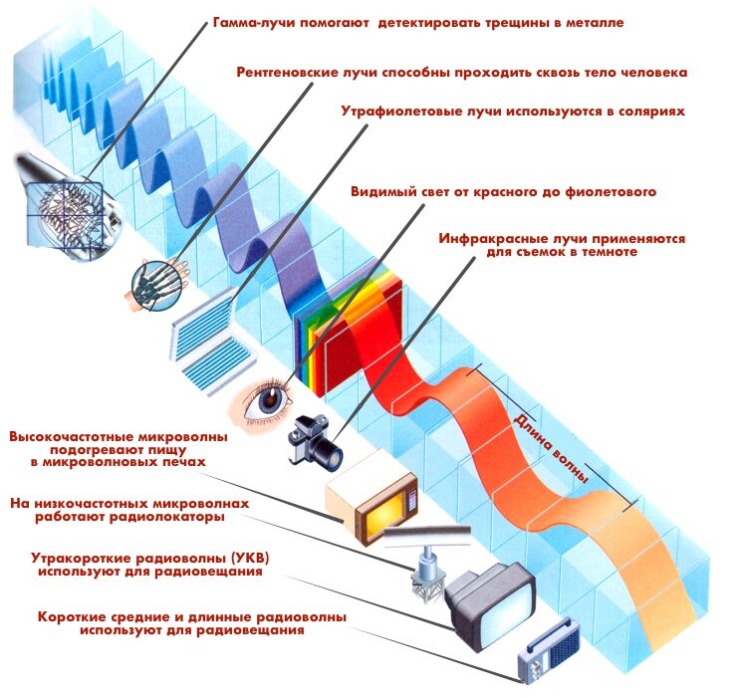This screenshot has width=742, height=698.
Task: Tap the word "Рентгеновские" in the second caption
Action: [290, 73]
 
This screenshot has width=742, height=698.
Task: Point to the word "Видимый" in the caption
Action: [382, 191]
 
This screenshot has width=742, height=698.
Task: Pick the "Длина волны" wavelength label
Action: [550, 448]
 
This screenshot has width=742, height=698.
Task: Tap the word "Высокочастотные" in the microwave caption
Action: [69, 437]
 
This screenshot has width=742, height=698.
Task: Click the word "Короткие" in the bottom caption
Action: [71, 617]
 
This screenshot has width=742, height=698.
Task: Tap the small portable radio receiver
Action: [546, 658]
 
